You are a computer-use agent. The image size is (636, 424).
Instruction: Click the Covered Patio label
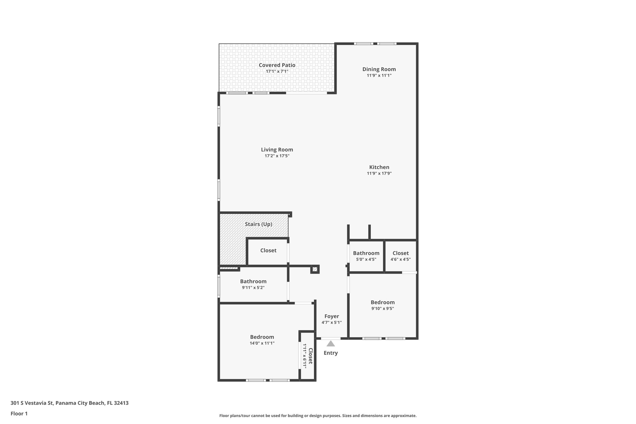click(277, 65)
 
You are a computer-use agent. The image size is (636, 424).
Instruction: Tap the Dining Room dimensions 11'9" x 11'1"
click(379, 75)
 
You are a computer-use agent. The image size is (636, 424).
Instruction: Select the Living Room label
click(277, 150)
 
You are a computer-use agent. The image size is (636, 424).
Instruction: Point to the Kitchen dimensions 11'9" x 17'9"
click(379, 173)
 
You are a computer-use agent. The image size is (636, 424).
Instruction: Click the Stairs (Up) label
click(258, 224)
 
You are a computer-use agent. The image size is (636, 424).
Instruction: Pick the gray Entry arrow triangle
click(330, 344)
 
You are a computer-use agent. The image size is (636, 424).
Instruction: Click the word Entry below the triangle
click(330, 353)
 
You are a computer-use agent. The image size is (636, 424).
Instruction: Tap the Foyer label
click(331, 316)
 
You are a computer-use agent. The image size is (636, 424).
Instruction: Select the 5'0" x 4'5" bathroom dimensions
click(366, 259)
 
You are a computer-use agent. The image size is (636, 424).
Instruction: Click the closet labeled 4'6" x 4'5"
click(400, 256)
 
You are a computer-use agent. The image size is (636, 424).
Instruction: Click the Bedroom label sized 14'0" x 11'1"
click(262, 337)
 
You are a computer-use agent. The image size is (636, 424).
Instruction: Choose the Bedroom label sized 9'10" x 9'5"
click(382, 302)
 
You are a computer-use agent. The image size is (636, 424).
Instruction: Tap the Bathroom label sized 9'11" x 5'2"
click(253, 281)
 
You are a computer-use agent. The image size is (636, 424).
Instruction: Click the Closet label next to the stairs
click(268, 250)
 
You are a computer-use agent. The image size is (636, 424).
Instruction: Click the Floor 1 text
click(19, 414)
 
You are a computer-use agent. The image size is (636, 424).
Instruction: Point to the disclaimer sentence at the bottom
click(318, 416)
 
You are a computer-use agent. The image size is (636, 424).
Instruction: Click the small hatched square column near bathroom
click(315, 269)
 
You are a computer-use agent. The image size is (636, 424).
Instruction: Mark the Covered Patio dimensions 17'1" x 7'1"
click(277, 71)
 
